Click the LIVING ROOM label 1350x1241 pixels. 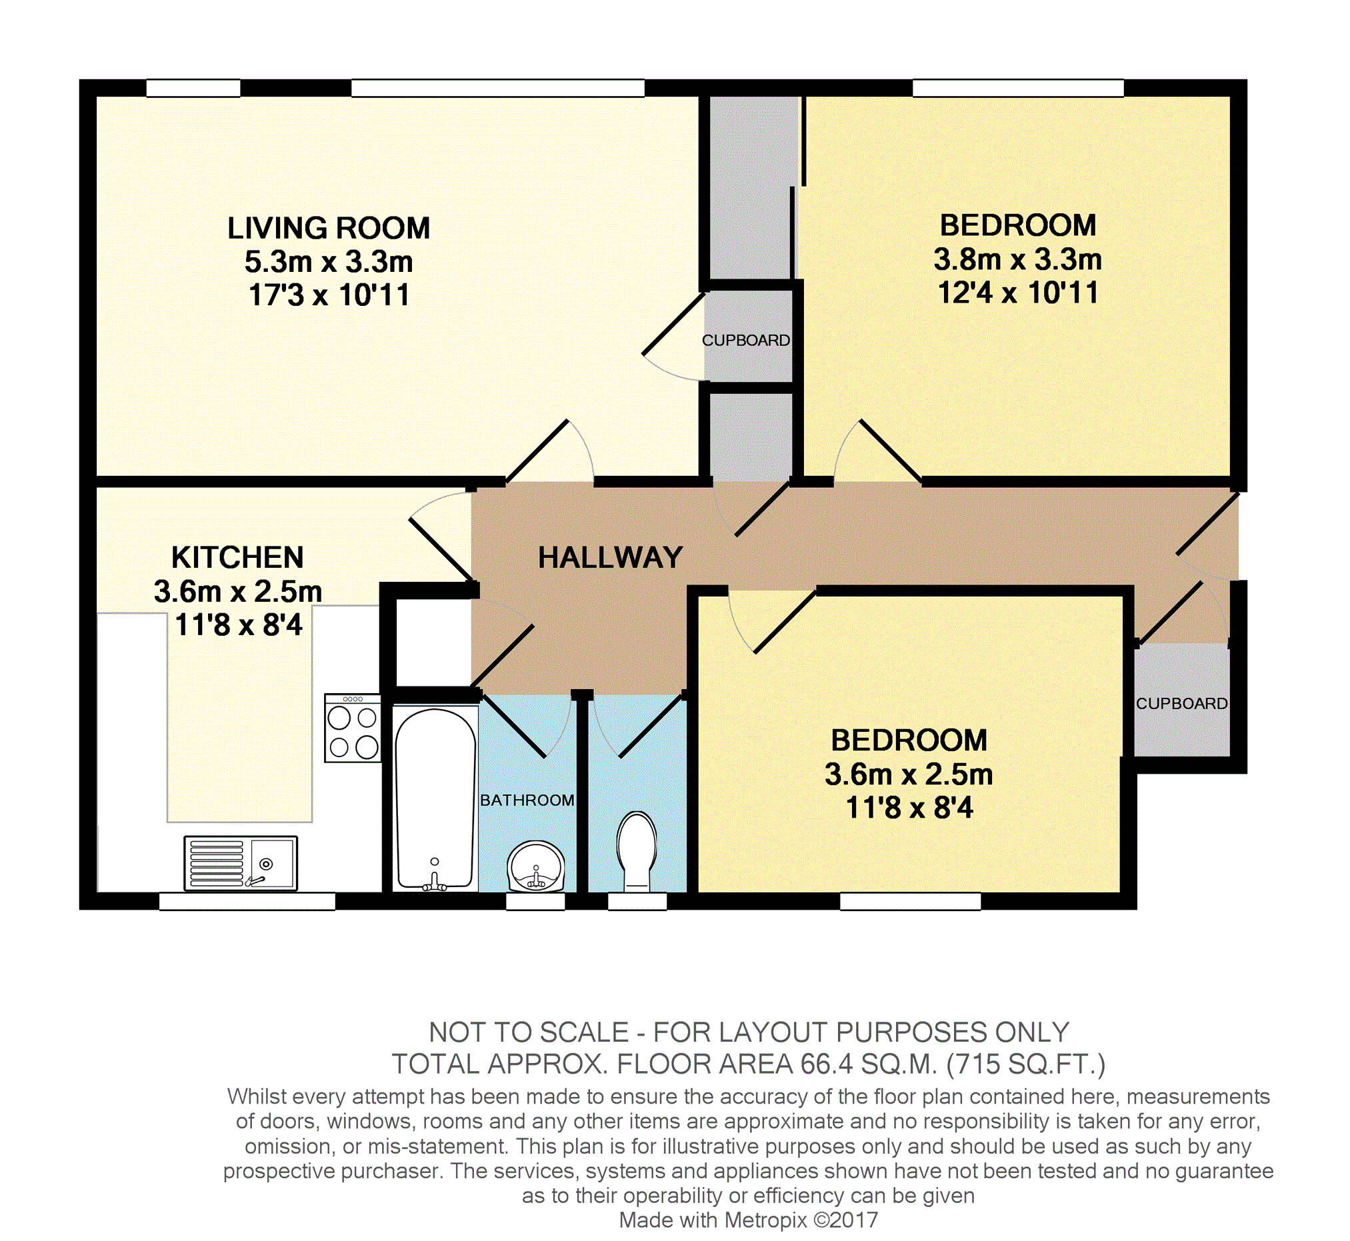[x=329, y=229]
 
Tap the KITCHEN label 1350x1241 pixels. [x=238, y=557]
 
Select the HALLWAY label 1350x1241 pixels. [x=611, y=558]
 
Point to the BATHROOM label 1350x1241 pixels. [x=527, y=800]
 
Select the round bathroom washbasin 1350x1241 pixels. [x=535, y=868]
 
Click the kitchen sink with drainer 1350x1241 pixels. [x=241, y=863]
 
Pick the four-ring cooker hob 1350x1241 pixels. [x=353, y=728]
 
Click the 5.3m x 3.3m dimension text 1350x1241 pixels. [x=329, y=262]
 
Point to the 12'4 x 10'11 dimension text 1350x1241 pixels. [x=1017, y=293]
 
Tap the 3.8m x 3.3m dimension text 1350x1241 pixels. [x=1017, y=259]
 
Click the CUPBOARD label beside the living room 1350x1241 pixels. [x=746, y=341]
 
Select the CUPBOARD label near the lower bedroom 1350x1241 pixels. [x=1182, y=703]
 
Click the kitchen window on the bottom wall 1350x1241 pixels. [x=247, y=901]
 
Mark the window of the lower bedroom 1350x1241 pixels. [x=910, y=901]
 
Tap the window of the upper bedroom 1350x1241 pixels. [x=1017, y=88]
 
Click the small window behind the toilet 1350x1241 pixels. [x=637, y=901]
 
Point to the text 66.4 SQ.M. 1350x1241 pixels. [x=869, y=1063]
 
